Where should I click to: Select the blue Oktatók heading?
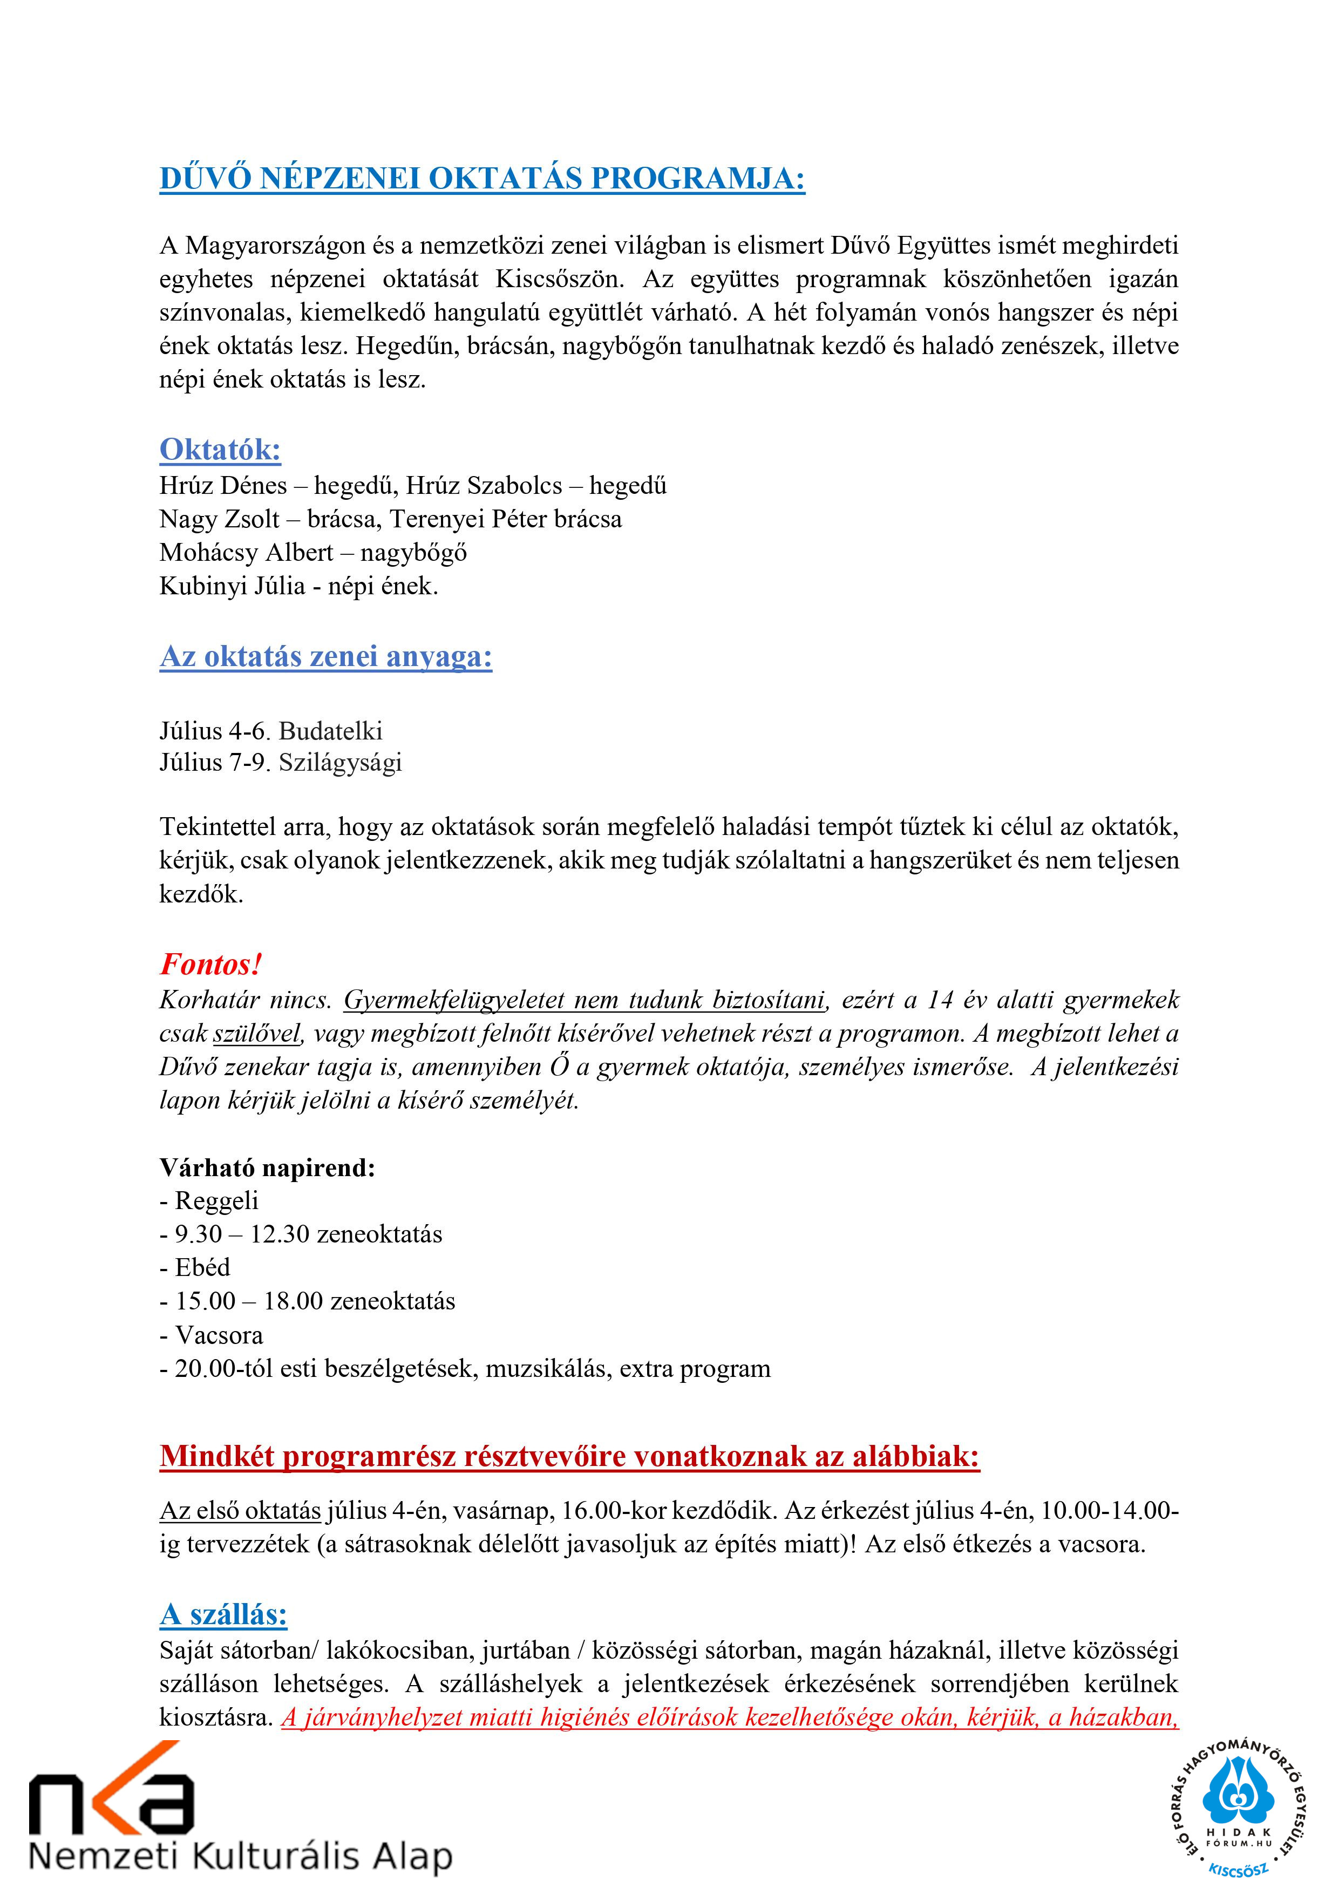(x=220, y=450)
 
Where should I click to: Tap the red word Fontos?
(x=210, y=963)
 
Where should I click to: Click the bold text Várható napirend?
(x=267, y=1167)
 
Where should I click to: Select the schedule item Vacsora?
(x=219, y=1335)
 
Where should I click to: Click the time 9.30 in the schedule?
(x=198, y=1234)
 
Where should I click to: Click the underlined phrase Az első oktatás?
(x=240, y=1510)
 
